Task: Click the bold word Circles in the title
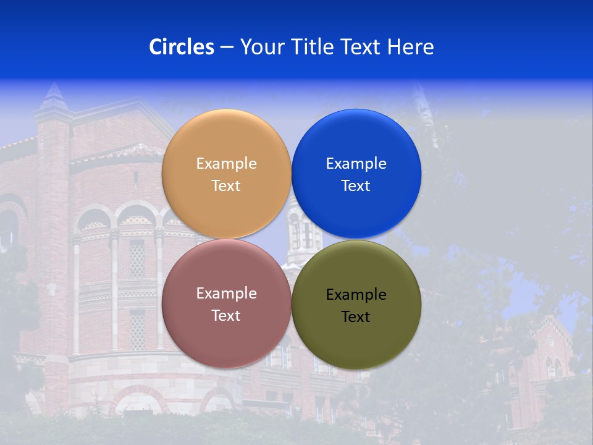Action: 182,47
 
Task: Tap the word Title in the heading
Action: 312,47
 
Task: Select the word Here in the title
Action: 411,47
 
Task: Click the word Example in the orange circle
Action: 226,164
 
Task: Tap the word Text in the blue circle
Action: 356,186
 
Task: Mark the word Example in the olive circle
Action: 356,295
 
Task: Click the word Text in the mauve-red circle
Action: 226,316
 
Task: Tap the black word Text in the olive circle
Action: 356,317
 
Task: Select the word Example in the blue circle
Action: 356,164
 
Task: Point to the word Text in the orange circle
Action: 226,186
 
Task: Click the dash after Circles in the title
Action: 227,48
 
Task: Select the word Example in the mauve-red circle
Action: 226,294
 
